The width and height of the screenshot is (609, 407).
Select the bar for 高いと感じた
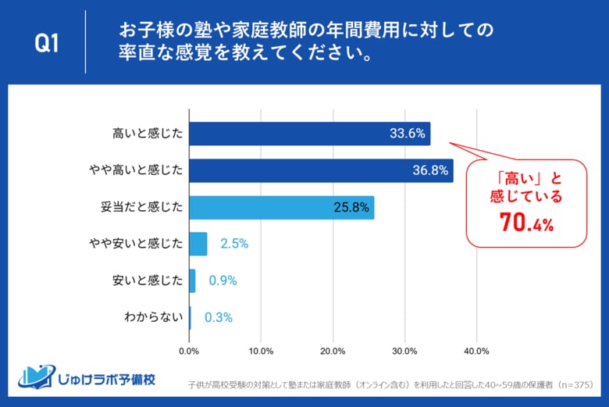pos(309,134)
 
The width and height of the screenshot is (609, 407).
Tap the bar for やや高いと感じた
pos(321,170)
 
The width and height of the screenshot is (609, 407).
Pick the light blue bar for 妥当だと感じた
pos(281,207)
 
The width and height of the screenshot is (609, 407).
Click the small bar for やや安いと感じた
pos(198,244)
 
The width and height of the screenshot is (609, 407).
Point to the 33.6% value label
pos(408,134)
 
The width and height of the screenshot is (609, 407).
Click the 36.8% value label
pos(430,170)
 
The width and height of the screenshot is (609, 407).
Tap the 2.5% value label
pos(233,244)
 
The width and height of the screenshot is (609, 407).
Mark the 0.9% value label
pos(223,280)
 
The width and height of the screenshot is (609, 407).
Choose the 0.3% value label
pos(219,317)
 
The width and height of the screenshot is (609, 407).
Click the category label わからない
pos(154,317)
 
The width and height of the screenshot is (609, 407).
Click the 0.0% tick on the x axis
pos(190,351)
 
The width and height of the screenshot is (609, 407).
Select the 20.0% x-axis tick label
pos(333,351)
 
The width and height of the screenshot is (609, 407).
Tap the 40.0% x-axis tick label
pos(476,351)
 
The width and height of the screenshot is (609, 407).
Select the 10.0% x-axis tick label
pos(262,351)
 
